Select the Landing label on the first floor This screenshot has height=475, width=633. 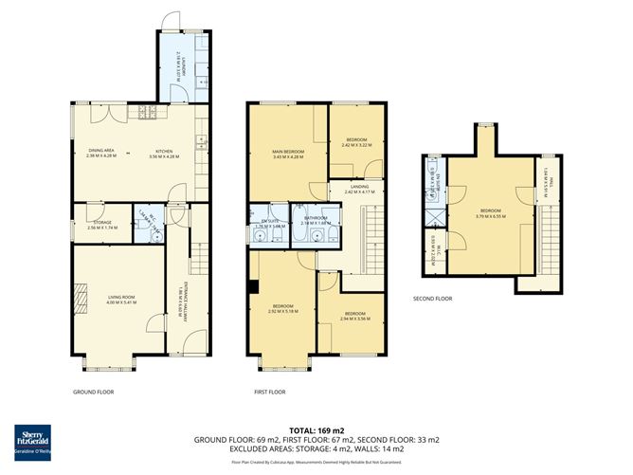359,189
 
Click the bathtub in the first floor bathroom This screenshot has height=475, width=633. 302,228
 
